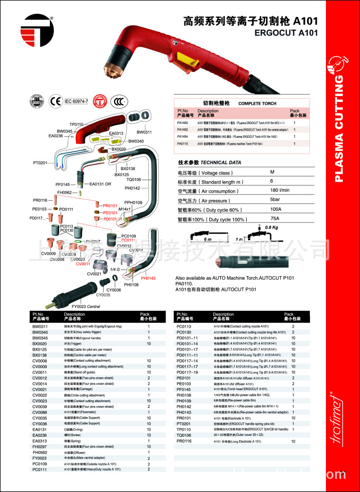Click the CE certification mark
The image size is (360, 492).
coord(56,101)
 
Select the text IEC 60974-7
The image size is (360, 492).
coord(77,101)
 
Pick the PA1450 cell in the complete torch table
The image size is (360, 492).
coord(182,123)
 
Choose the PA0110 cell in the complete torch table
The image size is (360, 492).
coord(182,144)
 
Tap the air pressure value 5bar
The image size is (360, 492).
coord(275,200)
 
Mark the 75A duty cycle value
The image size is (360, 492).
coord(275,219)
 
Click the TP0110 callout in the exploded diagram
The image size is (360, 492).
coord(76,124)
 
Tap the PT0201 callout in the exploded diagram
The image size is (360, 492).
coord(40,163)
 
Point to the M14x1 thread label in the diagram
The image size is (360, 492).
coord(124,209)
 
